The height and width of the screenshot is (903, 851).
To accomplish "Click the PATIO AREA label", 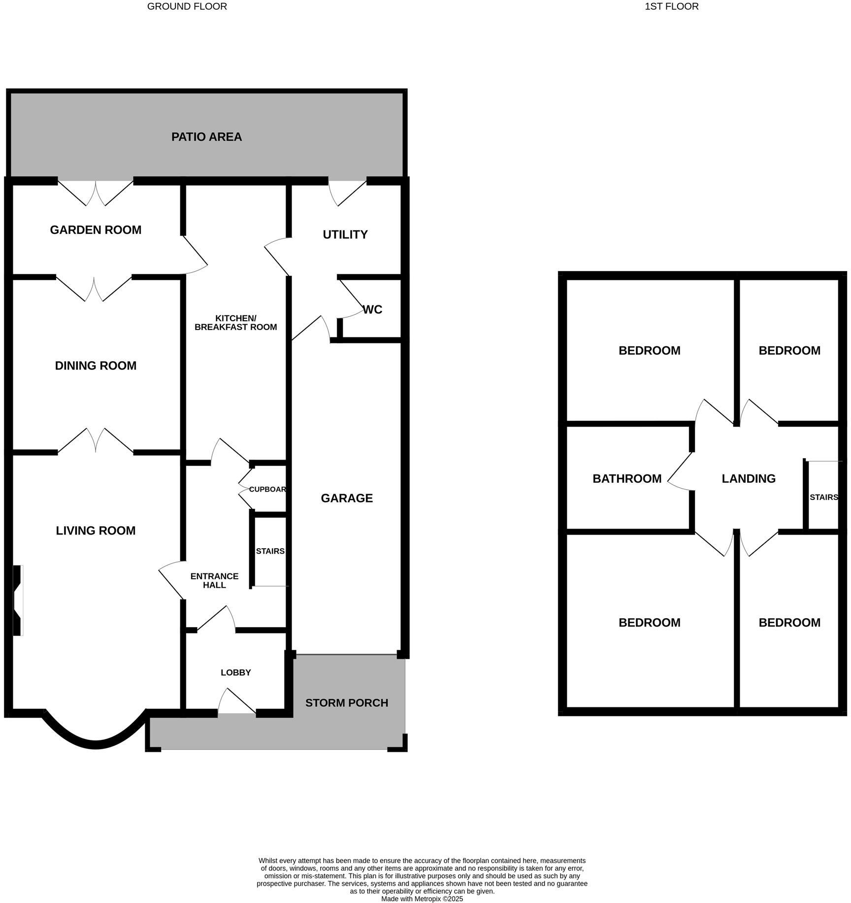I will point(206,137).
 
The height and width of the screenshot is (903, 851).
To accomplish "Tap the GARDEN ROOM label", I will point(96,230).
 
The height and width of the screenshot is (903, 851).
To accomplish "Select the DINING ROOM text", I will point(96,366).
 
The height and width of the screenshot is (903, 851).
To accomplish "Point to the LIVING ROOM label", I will point(96,531).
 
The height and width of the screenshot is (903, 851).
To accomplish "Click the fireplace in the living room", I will point(18,600).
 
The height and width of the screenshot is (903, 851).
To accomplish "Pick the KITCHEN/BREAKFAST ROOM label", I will point(235,323).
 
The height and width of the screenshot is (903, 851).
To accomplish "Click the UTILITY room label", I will point(345,234).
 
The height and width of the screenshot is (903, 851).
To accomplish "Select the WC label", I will point(372,310).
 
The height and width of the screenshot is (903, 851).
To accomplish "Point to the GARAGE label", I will point(347,499).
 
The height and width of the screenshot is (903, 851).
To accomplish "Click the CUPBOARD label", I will point(267,489).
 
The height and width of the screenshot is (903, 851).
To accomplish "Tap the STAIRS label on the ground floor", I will point(270,551).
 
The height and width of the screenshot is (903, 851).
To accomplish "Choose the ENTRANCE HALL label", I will point(214,580).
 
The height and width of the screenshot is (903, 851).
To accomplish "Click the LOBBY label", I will point(235,672).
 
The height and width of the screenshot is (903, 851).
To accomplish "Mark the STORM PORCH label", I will point(347,703).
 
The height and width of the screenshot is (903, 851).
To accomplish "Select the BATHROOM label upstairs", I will point(627,479).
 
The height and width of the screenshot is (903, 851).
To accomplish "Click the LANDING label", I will point(749,479).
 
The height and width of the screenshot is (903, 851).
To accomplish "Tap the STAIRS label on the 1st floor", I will point(823,497).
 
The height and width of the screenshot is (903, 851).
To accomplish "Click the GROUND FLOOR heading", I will point(187,6).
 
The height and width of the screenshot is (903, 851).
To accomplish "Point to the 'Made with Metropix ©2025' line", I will point(422,899).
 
